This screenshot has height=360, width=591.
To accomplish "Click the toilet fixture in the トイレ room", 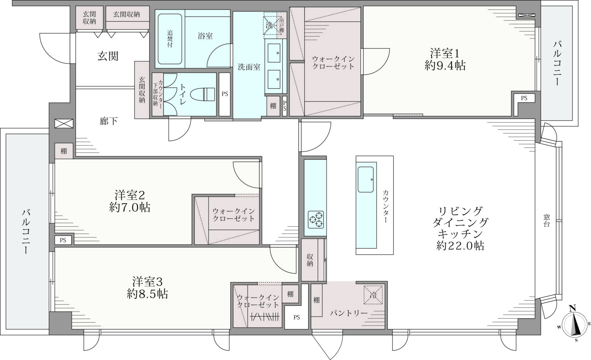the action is tap(203, 94).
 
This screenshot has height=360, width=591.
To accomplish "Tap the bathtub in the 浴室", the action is tap(170, 39).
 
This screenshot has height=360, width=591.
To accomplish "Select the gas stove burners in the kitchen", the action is tap(315, 219).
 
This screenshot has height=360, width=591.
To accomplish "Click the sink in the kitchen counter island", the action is tap(365, 179).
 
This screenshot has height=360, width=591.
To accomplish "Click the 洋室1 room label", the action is tap(445, 54).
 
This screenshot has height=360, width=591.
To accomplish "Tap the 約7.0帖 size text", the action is tap(130, 208).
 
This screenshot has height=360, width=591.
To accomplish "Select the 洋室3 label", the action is tap(147, 282).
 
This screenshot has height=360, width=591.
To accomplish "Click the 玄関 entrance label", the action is tap(108, 56).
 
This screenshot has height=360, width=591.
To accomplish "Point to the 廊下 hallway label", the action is tap(109, 121).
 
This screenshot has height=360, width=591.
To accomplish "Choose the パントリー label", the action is tap(349, 313).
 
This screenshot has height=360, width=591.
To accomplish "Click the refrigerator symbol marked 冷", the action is tap(373, 295).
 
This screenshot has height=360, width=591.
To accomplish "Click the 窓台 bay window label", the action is tap(546, 220).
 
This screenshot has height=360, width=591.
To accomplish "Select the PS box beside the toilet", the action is tap(225, 94).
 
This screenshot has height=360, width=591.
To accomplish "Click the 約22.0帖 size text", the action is tap(460, 246).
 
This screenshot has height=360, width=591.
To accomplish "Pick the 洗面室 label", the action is tap(249, 67).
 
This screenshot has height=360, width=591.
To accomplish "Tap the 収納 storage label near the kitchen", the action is tap(310, 260).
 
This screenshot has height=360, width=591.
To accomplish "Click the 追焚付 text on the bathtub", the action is tap(170, 39).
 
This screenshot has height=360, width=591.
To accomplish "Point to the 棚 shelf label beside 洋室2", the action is tap(64, 151).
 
